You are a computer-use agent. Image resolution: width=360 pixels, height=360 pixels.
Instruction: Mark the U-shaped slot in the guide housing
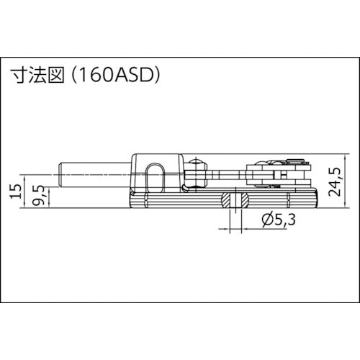pyautogui.click(x=155, y=176)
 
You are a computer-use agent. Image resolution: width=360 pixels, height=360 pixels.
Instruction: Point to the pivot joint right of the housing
pyautogui.click(x=197, y=173)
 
